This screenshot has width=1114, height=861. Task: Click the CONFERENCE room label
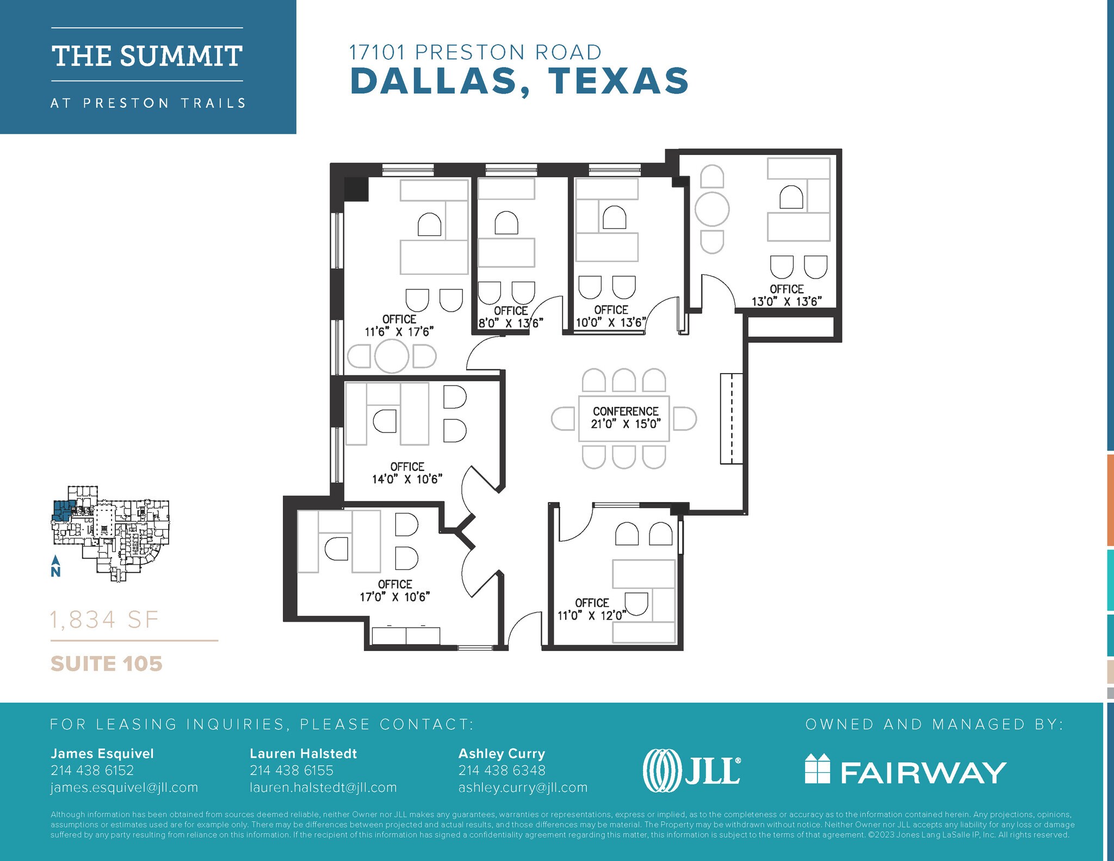(626, 412)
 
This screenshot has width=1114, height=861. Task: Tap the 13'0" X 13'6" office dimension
(787, 301)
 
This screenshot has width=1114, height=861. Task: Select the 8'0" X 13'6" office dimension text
(511, 323)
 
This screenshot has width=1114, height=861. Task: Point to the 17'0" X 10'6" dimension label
(395, 597)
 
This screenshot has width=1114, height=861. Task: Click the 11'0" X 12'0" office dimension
(592, 615)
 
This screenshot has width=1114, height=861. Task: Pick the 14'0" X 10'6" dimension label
(407, 479)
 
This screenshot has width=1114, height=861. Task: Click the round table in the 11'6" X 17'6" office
(392, 356)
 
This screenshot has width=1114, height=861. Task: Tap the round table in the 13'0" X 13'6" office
(712, 209)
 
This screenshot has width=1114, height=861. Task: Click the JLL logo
(691, 771)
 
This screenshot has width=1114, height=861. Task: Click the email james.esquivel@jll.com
(124, 788)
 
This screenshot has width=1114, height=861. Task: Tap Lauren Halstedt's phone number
(292, 770)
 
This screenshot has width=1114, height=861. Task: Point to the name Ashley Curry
(502, 754)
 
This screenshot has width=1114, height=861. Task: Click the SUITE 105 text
(107, 664)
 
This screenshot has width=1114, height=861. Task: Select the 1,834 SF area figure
(104, 620)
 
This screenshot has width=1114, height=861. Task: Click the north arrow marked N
(55, 566)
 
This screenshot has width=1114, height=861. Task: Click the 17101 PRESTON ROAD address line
(475, 52)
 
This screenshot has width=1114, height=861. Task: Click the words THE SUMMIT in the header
(147, 56)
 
